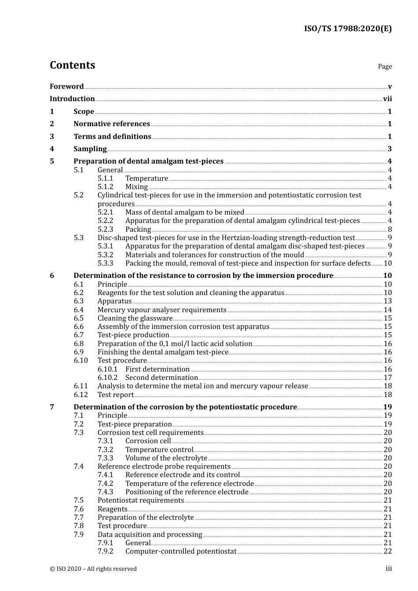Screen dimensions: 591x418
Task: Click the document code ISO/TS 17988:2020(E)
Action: click(348, 29)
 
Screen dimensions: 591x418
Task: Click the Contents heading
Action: click(72, 65)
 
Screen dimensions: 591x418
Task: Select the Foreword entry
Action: click(66, 86)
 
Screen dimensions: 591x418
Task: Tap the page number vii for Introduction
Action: click(387, 99)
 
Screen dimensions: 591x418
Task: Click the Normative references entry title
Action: click(112, 124)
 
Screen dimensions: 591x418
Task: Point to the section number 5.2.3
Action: click(105, 229)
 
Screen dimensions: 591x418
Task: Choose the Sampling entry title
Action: click(90, 149)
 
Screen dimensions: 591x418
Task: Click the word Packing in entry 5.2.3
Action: click(138, 229)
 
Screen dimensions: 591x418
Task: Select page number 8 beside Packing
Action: click(390, 229)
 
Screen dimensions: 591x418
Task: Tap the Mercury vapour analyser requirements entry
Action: click(162, 310)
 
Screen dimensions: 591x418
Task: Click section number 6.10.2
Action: click(107, 378)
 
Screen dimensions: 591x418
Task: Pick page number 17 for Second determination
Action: click(388, 378)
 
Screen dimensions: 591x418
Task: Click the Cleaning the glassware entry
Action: click(135, 318)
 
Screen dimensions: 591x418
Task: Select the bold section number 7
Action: click(52, 407)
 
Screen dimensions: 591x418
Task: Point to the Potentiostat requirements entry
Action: click(141, 500)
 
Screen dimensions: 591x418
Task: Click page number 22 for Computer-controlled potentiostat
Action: click(388, 551)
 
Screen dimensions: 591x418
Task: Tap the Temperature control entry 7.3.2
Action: click(159, 449)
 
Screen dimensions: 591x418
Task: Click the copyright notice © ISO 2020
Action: click(93, 569)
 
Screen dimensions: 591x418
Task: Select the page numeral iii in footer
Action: click(389, 569)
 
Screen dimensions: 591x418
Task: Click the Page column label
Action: click(385, 66)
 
